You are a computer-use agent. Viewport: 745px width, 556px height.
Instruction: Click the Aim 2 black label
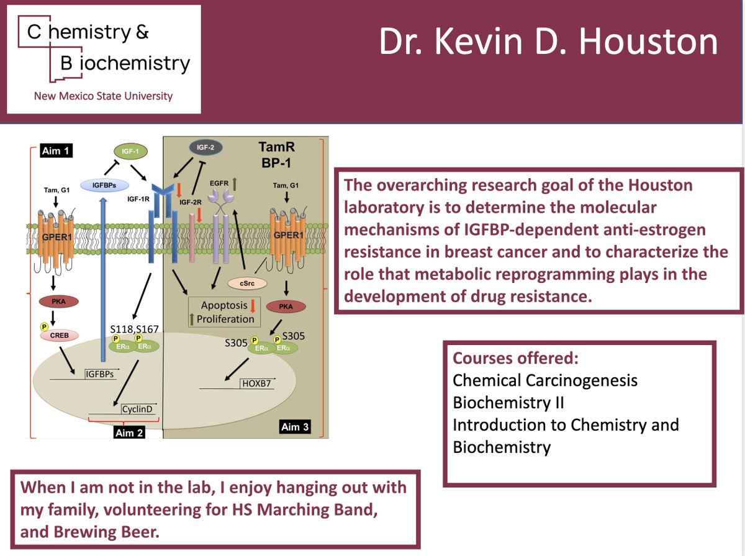point(129,433)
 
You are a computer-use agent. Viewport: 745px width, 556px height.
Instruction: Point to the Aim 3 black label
point(295,426)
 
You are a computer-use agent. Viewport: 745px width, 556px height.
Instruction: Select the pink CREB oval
point(58,335)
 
